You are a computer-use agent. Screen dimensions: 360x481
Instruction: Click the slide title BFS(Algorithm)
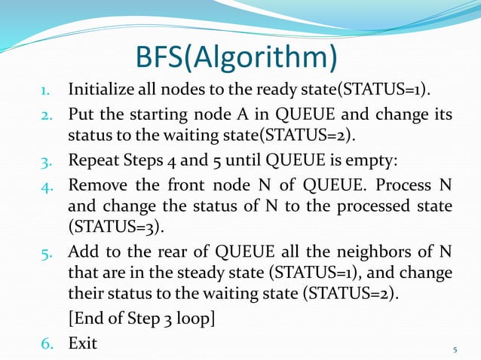[236, 56]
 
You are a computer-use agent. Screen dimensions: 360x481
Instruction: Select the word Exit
[82, 343]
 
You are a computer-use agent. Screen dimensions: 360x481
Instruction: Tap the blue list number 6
[48, 343]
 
